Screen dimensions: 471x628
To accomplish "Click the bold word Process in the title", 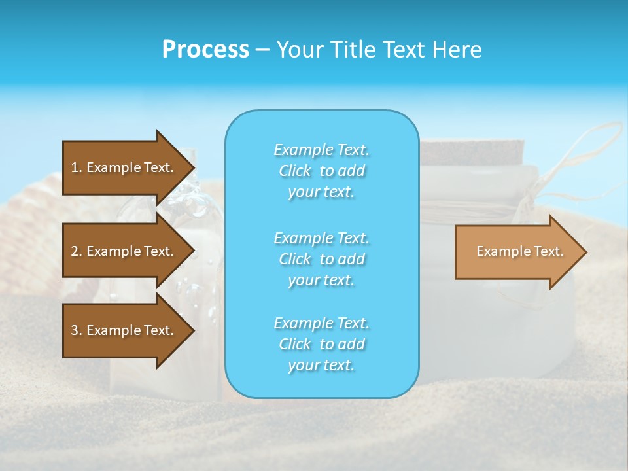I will (205, 49).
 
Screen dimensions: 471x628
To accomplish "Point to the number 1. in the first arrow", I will (77, 167).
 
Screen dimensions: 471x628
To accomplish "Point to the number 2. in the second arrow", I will (77, 251).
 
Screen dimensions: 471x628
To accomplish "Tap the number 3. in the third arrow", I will (77, 330).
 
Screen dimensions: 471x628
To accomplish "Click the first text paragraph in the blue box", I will (321, 171).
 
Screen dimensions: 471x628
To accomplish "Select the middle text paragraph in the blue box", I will (321, 258).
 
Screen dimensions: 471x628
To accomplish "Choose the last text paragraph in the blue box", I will (321, 344).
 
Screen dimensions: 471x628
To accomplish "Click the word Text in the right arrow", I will (548, 251).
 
